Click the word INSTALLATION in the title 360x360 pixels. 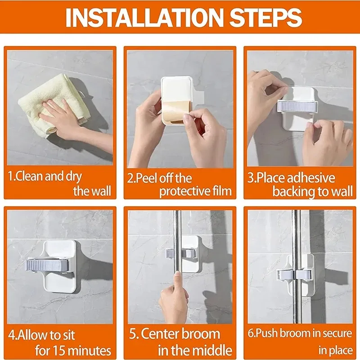(144, 17)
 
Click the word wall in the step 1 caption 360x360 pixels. (101, 191)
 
